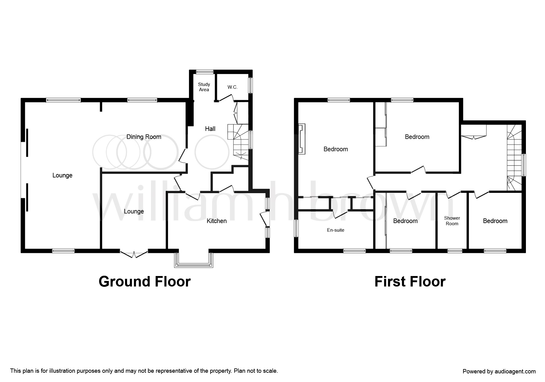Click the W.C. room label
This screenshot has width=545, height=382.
tap(232, 87)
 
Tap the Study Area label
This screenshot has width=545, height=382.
tap(204, 87)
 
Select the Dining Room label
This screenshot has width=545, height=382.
tap(144, 137)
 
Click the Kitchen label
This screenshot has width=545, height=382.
tap(217, 221)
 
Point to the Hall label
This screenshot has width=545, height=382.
tap(210, 129)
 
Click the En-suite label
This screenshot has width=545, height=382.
tap(335, 230)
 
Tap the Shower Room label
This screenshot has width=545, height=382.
tap(452, 221)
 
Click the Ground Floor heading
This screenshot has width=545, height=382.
tap(144, 282)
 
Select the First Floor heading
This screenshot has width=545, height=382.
tap(410, 282)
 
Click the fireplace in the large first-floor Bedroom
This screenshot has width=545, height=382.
tap(302, 139)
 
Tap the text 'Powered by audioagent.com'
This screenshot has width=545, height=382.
tap(499, 372)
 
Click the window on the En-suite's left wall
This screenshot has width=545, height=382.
tap(296, 228)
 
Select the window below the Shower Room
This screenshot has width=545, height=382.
tap(455, 251)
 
